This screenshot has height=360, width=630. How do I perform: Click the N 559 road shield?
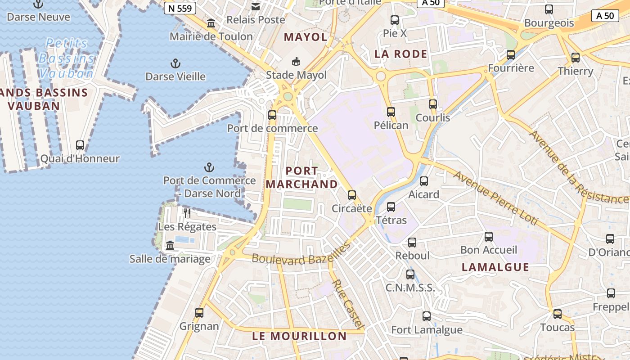coord(180,8)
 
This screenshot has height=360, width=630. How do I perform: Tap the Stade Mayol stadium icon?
coord(296,61)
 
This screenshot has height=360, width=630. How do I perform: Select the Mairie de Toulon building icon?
coord(211,23)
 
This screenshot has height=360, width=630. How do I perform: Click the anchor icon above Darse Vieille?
coord(175,63)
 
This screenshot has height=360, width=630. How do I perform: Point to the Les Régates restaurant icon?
coord(187,213)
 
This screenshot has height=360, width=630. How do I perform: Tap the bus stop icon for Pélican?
coord(391,112)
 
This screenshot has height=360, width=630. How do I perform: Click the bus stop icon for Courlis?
coord(432,104)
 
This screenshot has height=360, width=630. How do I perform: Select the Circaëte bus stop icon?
coord(352,195)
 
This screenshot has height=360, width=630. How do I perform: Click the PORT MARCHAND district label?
coord(301,177)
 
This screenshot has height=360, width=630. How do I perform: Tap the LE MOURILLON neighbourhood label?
coord(299,336)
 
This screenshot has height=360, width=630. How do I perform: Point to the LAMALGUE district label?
coord(495,267)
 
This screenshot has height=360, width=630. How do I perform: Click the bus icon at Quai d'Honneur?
coord(80,145)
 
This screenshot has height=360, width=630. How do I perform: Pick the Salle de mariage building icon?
coord(170,245)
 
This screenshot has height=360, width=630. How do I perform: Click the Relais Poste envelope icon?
coord(256,6)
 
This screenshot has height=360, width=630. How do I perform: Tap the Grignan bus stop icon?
coord(199,312)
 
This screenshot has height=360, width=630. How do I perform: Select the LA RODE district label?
coord(400,54)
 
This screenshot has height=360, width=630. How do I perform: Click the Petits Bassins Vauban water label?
coord(67,58)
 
